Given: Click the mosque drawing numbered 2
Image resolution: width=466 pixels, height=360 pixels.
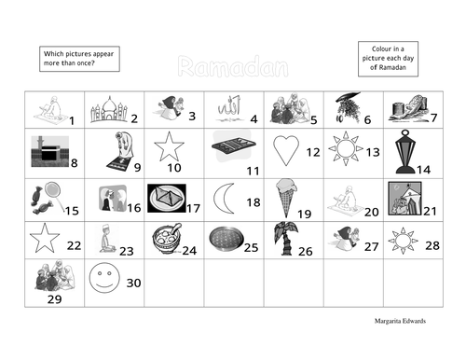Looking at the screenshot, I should point(108,111).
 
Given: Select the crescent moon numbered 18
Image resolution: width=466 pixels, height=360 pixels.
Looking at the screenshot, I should point(224,199).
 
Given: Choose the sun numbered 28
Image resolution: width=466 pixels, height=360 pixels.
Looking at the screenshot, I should point(404,239).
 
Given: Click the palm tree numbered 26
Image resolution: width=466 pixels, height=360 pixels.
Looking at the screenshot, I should point(283,241).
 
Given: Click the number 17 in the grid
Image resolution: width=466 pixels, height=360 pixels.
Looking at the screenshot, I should point(194,209).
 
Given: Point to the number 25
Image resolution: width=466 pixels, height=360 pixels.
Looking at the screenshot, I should point(250,247).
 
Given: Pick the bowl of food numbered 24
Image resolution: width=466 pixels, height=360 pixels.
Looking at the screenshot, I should point(165,240).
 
